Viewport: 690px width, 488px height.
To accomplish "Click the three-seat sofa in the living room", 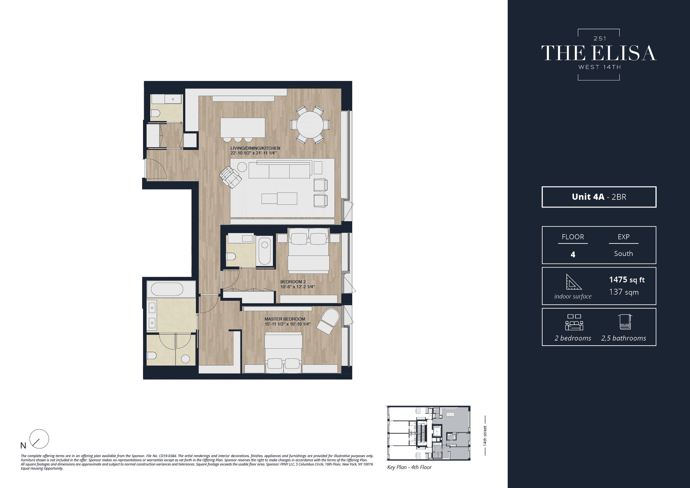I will point(279,170).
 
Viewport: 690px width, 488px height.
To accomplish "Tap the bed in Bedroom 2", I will point(308,252).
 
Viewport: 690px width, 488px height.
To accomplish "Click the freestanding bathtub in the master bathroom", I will point(167,289).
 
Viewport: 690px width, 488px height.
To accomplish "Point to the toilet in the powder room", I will point(155,113).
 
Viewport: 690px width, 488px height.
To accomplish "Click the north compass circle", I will point(39,439).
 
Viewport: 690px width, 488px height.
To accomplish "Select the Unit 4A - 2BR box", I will point(599,197).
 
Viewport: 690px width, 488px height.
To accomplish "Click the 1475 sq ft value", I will point(626,279).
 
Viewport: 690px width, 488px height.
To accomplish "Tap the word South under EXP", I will point(623,254).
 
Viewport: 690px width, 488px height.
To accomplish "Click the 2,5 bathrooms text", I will point(623,338).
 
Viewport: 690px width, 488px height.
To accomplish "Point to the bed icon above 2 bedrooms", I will point(574,322).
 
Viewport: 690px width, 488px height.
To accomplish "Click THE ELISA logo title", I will point(599,53).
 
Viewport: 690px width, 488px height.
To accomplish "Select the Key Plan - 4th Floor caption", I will point(409,467).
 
